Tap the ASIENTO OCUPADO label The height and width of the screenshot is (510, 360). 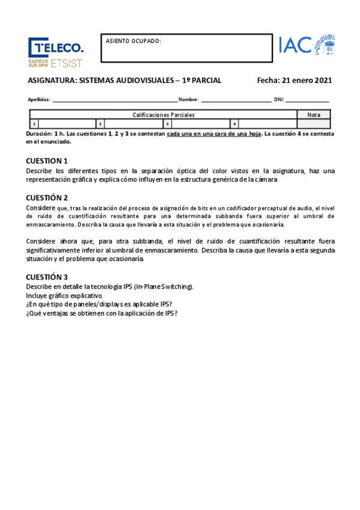pyautogui.click(x=133, y=41)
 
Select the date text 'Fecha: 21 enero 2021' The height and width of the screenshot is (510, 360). pyautogui.click(x=294, y=80)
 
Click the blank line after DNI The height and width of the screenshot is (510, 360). pyautogui.click(x=307, y=100)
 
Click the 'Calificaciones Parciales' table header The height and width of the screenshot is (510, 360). pyautogui.click(x=163, y=114)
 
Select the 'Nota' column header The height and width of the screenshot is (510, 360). pyautogui.click(x=314, y=114)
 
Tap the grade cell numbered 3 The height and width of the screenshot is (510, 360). pyautogui.click(x=198, y=124)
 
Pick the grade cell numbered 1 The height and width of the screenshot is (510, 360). pyautogui.click(x=63, y=124)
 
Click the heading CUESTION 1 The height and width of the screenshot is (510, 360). pyautogui.click(x=47, y=161)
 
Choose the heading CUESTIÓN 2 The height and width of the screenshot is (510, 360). pyautogui.click(x=47, y=197)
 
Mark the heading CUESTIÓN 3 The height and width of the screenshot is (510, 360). pyautogui.click(x=47, y=277)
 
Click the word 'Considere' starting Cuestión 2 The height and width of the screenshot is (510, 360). pyautogui.click(x=41, y=207)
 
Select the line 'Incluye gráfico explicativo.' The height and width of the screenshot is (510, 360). pyautogui.click(x=64, y=295)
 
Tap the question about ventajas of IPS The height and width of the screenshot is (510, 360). pyautogui.click(x=102, y=313)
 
